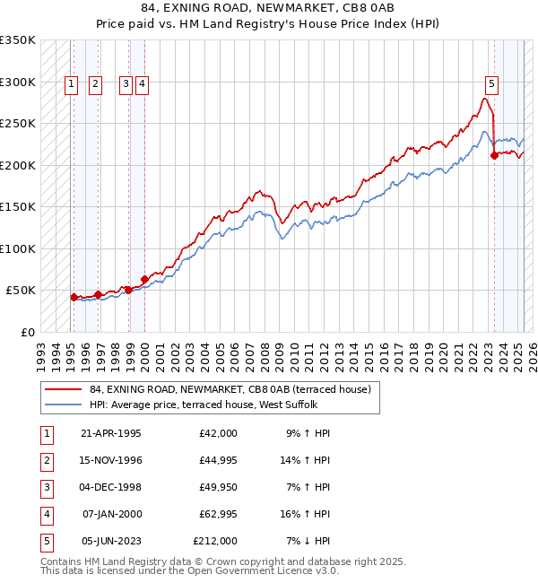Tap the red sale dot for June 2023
click(x=494, y=155)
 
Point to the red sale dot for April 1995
click(x=74, y=297)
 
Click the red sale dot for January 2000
click(x=144, y=279)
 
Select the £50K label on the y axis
click(x=21, y=291)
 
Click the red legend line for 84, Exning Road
click(x=65, y=389)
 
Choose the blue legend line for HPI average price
click(x=65, y=405)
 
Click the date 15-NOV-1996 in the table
click(x=111, y=461)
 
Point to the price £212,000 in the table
click(x=215, y=542)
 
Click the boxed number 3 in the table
click(x=45, y=488)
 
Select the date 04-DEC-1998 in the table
click(x=111, y=488)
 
